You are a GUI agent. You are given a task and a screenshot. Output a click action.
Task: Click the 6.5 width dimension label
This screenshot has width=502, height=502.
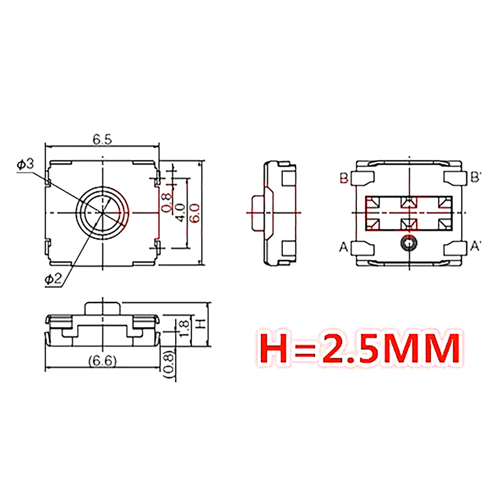point(102,139)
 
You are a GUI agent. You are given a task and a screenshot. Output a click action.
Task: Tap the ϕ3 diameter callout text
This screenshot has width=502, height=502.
point(25,164)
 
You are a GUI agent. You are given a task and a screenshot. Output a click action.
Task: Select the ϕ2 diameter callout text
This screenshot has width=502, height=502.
point(53,280)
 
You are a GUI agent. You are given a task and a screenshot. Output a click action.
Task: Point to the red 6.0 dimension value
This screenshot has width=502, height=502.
point(195,213)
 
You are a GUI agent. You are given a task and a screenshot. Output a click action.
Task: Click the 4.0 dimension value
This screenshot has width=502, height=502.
point(180,213)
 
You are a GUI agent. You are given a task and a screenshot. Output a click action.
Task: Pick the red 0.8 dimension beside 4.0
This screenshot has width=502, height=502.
point(166,202)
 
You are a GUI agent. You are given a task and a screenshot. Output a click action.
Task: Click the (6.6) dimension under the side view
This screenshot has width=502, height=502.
point(102,361)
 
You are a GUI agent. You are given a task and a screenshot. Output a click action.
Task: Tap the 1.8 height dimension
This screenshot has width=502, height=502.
point(185,329)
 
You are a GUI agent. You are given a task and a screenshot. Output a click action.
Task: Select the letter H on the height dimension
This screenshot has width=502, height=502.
point(200,324)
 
